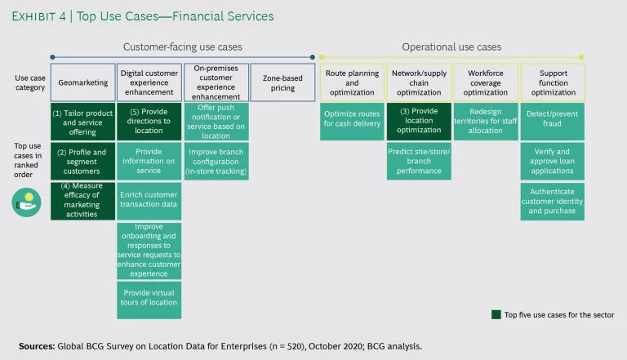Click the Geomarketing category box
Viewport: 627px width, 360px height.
[x=82, y=82]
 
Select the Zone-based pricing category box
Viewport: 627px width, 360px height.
[x=282, y=82]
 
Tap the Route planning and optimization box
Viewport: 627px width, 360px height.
[x=352, y=82]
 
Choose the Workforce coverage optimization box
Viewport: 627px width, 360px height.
[x=485, y=82]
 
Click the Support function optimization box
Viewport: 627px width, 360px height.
[x=553, y=82]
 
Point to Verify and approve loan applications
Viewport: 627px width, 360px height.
[x=553, y=161]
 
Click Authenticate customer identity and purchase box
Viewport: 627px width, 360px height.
[x=553, y=201]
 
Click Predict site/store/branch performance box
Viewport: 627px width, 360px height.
[x=419, y=161]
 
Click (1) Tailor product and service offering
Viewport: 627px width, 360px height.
[x=82, y=122]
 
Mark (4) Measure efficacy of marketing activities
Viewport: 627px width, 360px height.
[x=82, y=201]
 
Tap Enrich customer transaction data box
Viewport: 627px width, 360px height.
[x=149, y=201]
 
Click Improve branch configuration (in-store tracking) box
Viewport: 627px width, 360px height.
[x=216, y=161]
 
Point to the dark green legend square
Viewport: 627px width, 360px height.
[x=496, y=314]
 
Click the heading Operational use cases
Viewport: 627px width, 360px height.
[x=451, y=47]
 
